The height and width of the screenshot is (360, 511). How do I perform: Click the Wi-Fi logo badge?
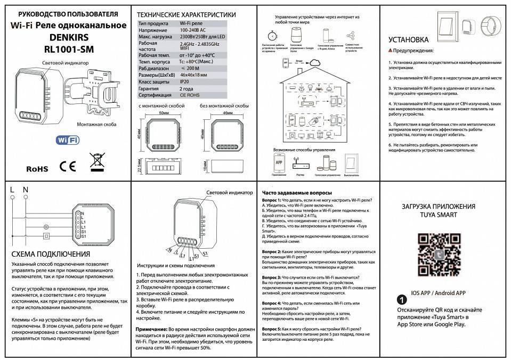click(x=68, y=140)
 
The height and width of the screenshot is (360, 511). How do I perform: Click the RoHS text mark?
click(x=37, y=169)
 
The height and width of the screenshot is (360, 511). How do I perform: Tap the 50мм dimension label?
click(x=164, y=113)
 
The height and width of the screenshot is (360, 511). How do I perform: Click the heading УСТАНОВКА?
click(x=409, y=39)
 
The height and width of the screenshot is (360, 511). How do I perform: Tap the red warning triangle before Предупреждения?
click(x=391, y=51)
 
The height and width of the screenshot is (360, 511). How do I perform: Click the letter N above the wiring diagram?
click(x=25, y=189)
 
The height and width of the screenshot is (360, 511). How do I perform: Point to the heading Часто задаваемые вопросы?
click(x=297, y=192)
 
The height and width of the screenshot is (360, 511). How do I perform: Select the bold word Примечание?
click(x=151, y=330)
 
